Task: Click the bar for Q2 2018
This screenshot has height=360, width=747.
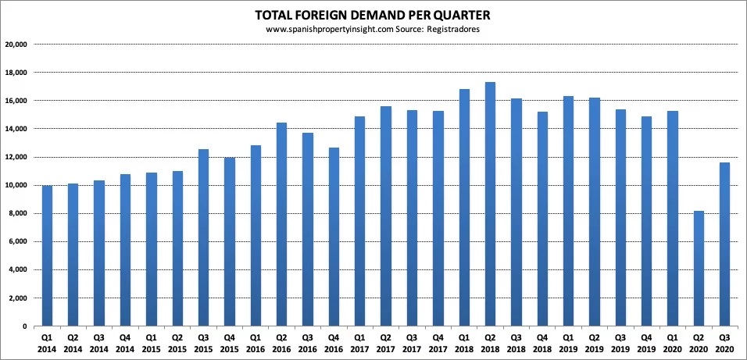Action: (x=490, y=204)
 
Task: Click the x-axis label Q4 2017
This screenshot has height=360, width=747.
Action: (x=438, y=344)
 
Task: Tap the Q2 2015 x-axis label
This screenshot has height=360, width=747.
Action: (x=177, y=344)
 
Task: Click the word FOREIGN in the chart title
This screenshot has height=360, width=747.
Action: (x=341, y=15)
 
